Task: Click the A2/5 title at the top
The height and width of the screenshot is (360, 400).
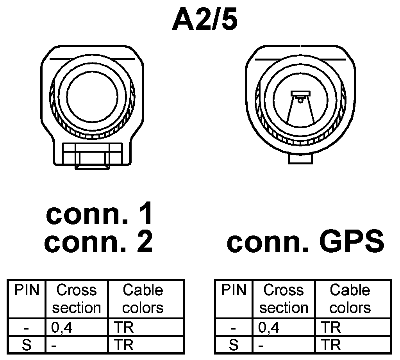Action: (204, 21)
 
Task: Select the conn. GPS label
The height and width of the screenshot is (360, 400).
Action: (305, 242)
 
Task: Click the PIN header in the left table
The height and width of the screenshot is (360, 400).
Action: (27, 290)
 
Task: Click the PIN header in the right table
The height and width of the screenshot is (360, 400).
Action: (234, 290)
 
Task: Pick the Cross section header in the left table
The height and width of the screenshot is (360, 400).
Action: (77, 299)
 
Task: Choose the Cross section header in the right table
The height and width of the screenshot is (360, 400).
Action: (284, 299)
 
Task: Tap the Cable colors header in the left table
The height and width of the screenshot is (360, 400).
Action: (143, 299)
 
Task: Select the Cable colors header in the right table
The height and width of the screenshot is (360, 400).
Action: (350, 299)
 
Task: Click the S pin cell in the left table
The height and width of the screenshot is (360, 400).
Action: (27, 345)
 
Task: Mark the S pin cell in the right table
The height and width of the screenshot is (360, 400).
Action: (234, 345)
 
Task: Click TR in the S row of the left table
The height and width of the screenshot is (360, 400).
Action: (124, 345)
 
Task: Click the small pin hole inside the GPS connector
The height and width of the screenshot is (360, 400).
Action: (300, 100)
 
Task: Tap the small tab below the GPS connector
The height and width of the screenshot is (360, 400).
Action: (300, 159)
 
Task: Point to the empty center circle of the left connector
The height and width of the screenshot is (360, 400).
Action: (93, 96)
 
